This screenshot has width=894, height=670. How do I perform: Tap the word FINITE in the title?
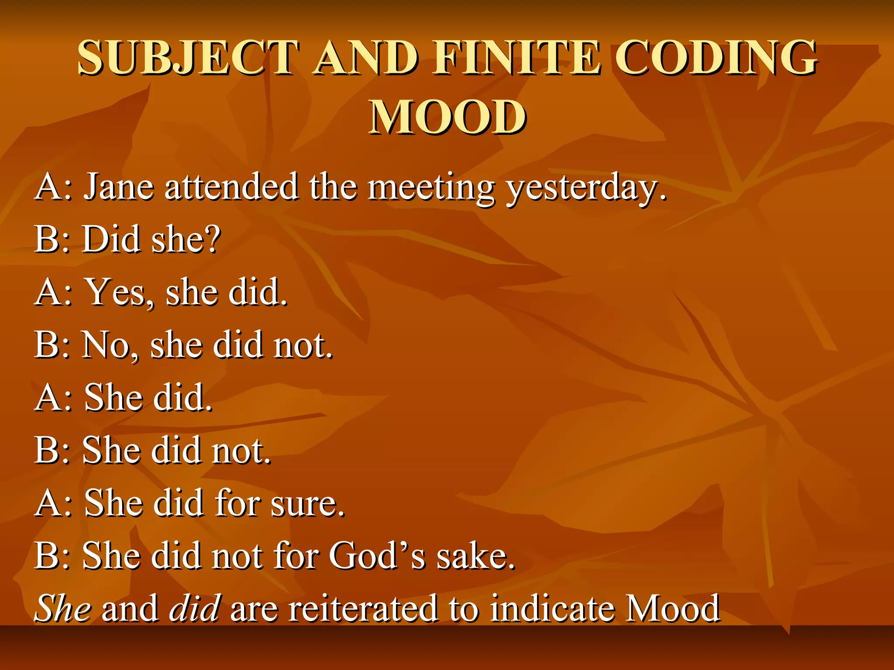coord(517,58)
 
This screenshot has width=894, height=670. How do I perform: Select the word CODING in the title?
coord(716,58)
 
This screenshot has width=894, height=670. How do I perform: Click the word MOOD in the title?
coord(448,117)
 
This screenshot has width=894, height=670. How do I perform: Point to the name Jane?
coord(119,187)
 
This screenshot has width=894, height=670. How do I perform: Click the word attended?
coord(231,187)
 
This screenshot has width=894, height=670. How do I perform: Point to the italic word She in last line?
coord(63,608)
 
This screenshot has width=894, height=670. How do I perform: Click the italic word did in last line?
coord(195,608)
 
